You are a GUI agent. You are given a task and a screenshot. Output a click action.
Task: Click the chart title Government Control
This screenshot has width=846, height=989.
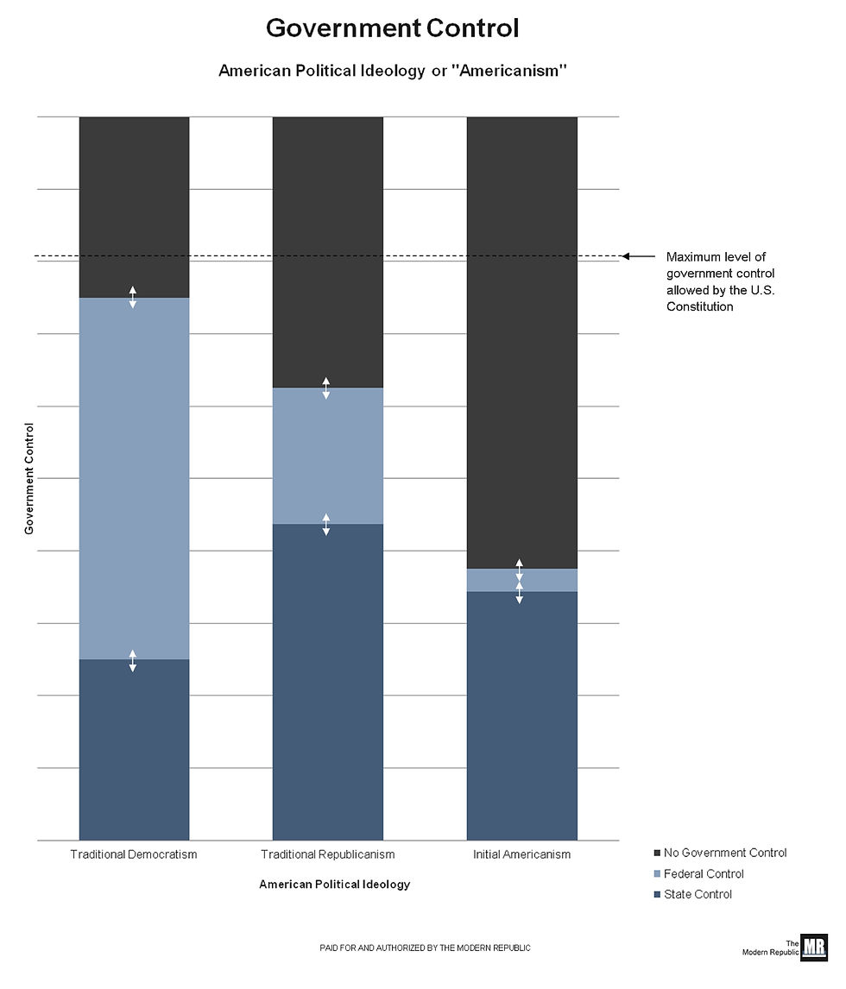[x=392, y=28]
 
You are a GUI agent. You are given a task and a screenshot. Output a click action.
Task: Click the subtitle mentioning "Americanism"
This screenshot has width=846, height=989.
[x=392, y=71]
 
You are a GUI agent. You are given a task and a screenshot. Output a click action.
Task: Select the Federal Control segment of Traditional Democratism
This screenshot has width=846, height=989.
[x=134, y=478]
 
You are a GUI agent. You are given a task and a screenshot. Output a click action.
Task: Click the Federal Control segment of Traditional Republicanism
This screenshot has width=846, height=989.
[x=327, y=456]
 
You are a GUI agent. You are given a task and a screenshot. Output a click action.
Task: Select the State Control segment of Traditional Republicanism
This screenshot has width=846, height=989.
[x=327, y=682]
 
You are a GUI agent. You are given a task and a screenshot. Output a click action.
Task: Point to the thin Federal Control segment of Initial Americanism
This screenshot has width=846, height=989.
[x=492, y=580]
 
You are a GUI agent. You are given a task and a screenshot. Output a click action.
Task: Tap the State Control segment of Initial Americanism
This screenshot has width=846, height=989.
[x=521, y=715]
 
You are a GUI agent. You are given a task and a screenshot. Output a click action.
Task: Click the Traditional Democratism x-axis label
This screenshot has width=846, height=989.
[x=134, y=854]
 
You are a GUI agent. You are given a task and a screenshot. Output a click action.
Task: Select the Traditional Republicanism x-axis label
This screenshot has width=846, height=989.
[x=327, y=854]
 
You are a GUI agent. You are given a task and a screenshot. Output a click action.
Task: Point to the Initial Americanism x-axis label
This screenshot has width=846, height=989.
[x=521, y=854]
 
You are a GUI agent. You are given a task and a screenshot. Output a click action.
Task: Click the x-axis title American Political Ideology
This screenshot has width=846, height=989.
[x=334, y=885]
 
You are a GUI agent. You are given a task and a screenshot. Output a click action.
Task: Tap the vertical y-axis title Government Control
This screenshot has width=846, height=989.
[x=29, y=478]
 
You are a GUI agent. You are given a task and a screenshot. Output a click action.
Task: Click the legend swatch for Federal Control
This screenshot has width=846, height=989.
[x=657, y=874]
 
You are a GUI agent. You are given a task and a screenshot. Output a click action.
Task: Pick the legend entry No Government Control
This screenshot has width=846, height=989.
[x=724, y=853]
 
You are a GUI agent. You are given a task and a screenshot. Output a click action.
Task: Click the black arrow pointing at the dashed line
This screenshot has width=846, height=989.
[x=637, y=256]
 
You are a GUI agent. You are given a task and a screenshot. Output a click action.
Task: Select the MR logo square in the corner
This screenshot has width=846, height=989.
[x=813, y=947]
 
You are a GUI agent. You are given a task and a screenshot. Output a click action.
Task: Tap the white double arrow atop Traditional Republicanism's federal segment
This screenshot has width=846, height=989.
[x=326, y=388]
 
